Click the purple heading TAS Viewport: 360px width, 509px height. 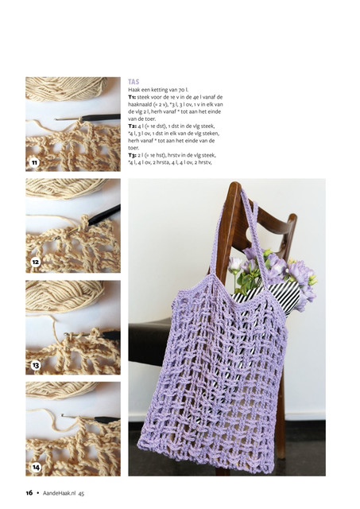click(x=134, y=81)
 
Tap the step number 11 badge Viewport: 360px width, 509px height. click(x=34, y=162)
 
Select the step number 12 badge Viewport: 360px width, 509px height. click(x=35, y=262)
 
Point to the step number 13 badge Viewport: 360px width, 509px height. click(x=36, y=365)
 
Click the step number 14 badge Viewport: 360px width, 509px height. click(x=36, y=467)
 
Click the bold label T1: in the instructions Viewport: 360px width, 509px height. click(x=132, y=97)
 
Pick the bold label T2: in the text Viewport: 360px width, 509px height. click(x=133, y=126)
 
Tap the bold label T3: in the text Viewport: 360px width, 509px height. click(x=133, y=155)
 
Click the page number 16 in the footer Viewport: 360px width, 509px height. click(x=29, y=492)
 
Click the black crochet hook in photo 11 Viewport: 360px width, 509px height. click(x=88, y=118)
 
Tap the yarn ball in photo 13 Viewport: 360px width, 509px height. click(x=64, y=295)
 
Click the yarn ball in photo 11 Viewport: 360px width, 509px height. click(x=67, y=87)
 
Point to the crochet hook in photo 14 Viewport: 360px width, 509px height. click(x=91, y=418)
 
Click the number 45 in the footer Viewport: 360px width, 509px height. click(x=81, y=493)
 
